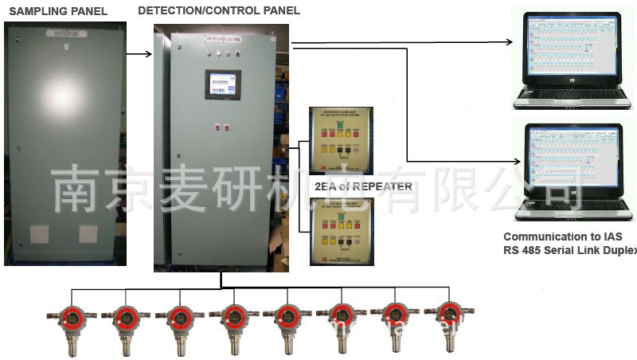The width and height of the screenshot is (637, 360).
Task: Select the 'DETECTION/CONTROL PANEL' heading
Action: pos(219,10)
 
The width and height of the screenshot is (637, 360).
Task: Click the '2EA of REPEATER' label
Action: pos(363,186)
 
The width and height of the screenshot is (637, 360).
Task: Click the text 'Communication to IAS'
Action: pos(562,237)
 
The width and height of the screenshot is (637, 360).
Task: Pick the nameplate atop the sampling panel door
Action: pos(64,35)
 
